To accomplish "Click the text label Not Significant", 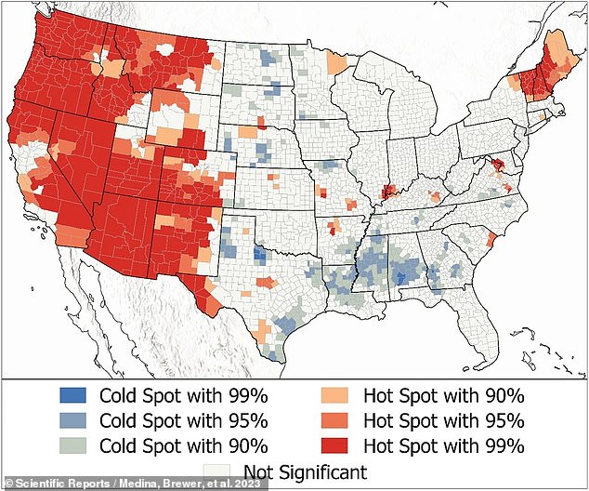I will coord(305,471).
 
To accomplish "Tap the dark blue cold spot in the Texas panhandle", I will coord(260,258).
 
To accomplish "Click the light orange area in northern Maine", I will coord(558,46).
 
